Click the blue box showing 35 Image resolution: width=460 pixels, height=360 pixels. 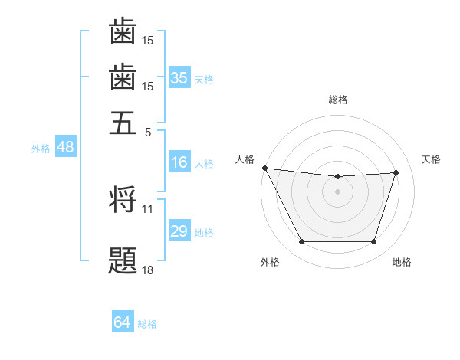click(x=179, y=78)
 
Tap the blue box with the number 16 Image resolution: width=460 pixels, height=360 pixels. click(x=179, y=162)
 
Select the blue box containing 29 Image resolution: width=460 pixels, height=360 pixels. click(x=179, y=231)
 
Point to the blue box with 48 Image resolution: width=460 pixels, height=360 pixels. click(x=65, y=148)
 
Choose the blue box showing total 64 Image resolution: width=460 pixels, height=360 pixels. click(x=123, y=322)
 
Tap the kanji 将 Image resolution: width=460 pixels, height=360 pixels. click(x=123, y=201)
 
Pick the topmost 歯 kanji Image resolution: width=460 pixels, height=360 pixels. click(x=123, y=31)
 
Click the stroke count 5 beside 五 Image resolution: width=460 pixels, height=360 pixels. click(x=148, y=131)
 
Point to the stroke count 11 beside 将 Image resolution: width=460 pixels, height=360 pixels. click(x=148, y=208)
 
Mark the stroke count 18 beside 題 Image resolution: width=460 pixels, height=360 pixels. click(x=148, y=270)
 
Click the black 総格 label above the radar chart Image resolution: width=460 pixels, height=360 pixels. click(x=337, y=100)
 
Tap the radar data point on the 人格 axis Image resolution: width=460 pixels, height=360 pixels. click(x=265, y=168)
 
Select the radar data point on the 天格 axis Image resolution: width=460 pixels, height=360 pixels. click(x=396, y=172)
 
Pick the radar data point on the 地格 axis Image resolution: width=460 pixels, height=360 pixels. click(x=373, y=242)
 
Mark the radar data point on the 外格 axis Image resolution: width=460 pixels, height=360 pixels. click(x=301, y=242)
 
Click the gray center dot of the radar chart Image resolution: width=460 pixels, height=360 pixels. click(x=337, y=191)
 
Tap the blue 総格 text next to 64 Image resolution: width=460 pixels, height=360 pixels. click(x=147, y=324)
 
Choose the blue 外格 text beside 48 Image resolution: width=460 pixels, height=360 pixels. click(x=40, y=149)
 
